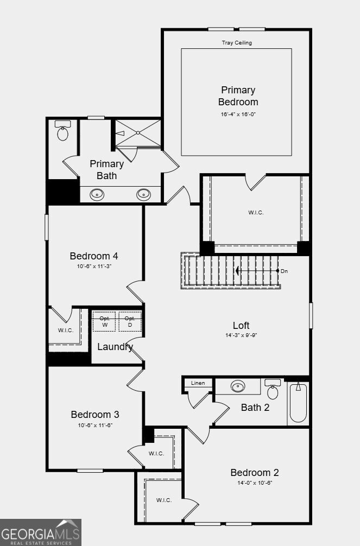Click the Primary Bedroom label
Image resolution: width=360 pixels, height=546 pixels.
tap(238, 96)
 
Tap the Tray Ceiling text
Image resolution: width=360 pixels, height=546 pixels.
tap(237, 43)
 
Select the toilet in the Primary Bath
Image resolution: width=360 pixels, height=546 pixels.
tap(63, 131)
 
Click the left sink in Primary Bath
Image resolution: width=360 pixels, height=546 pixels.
tap(97, 194)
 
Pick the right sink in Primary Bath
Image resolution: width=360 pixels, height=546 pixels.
tap(143, 194)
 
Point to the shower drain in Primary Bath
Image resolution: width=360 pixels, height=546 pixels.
tap(138, 132)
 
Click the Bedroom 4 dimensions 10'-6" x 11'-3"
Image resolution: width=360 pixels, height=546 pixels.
tap(94, 266)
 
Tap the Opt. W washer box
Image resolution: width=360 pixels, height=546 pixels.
tap(104, 321)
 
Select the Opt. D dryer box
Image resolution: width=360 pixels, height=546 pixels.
tap(130, 321)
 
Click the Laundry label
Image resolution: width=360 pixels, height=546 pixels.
tap(115, 347)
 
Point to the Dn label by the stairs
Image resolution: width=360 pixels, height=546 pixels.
tap(285, 271)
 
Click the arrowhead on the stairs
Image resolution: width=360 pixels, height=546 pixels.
tap(237, 271)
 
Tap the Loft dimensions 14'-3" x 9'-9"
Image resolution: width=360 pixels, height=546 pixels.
tap(241, 335)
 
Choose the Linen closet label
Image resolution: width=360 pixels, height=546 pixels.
tap(198, 383)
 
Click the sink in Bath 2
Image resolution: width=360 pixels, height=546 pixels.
tap(238, 386)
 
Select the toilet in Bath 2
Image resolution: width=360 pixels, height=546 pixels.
tap(273, 389)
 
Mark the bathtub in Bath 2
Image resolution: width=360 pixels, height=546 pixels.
tap(298, 403)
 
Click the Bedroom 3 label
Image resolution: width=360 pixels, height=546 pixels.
tap(95, 414)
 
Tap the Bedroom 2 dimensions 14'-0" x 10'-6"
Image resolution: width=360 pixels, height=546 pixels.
tap(255, 483)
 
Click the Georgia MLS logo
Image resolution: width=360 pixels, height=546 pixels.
tap(40, 532)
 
